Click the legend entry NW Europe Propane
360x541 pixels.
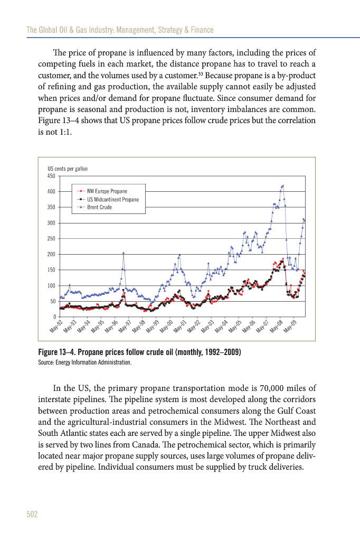coord(107,191)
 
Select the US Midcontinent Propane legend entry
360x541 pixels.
coord(112,199)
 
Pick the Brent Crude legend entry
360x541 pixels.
coord(99,207)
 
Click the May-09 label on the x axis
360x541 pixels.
coord(290,326)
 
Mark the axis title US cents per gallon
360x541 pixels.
coord(68,169)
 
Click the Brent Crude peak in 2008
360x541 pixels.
coord(283,185)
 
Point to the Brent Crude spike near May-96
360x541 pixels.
coord(124,253)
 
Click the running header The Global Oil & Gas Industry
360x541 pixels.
coord(81,30)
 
